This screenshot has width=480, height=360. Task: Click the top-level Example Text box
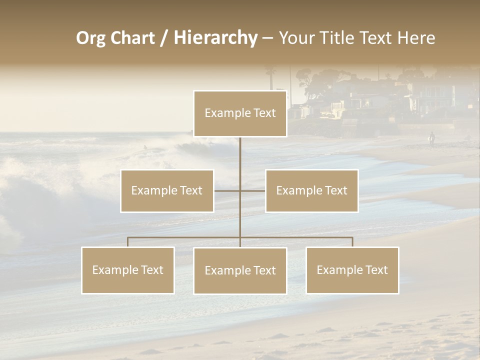pos(240,113)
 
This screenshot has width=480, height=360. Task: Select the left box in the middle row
pos(167,191)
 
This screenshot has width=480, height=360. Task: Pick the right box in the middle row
pos(311,191)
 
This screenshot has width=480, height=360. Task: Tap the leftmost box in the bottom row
pos(128,270)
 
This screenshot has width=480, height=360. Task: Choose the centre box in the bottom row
pos(240,271)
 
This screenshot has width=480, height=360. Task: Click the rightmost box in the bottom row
pos(352,270)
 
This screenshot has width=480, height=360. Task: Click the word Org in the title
pos(91,38)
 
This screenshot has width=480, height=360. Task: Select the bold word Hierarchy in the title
pos(215,38)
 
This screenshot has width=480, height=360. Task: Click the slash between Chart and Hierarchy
pos(164,38)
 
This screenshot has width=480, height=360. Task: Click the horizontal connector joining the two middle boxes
pos(239,191)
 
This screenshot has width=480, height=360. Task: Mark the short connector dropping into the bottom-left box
pos(128,242)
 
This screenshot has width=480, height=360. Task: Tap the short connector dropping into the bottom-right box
pos(352,242)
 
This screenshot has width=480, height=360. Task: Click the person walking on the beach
pos(431,138)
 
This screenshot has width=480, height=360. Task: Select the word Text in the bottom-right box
pos(376,270)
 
